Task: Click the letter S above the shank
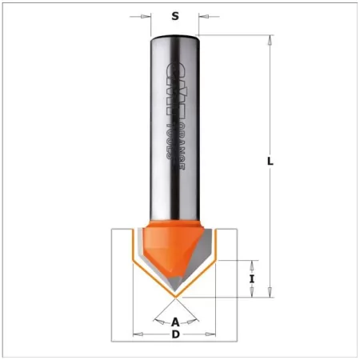coord(174,15)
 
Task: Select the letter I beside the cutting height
coord(251,279)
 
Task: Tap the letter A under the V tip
coord(175,322)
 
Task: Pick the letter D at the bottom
coord(175,334)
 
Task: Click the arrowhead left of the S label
coord(147,15)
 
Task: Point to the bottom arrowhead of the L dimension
coord(272,292)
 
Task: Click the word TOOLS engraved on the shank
coord(169,142)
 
